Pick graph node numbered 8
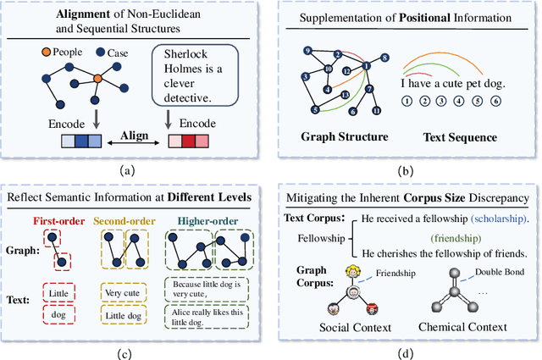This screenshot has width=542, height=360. point(384,58)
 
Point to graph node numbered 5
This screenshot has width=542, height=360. point(316,109)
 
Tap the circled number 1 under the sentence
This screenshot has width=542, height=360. point(407,100)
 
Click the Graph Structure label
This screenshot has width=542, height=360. point(346,136)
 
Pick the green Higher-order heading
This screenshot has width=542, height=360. point(209,223)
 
